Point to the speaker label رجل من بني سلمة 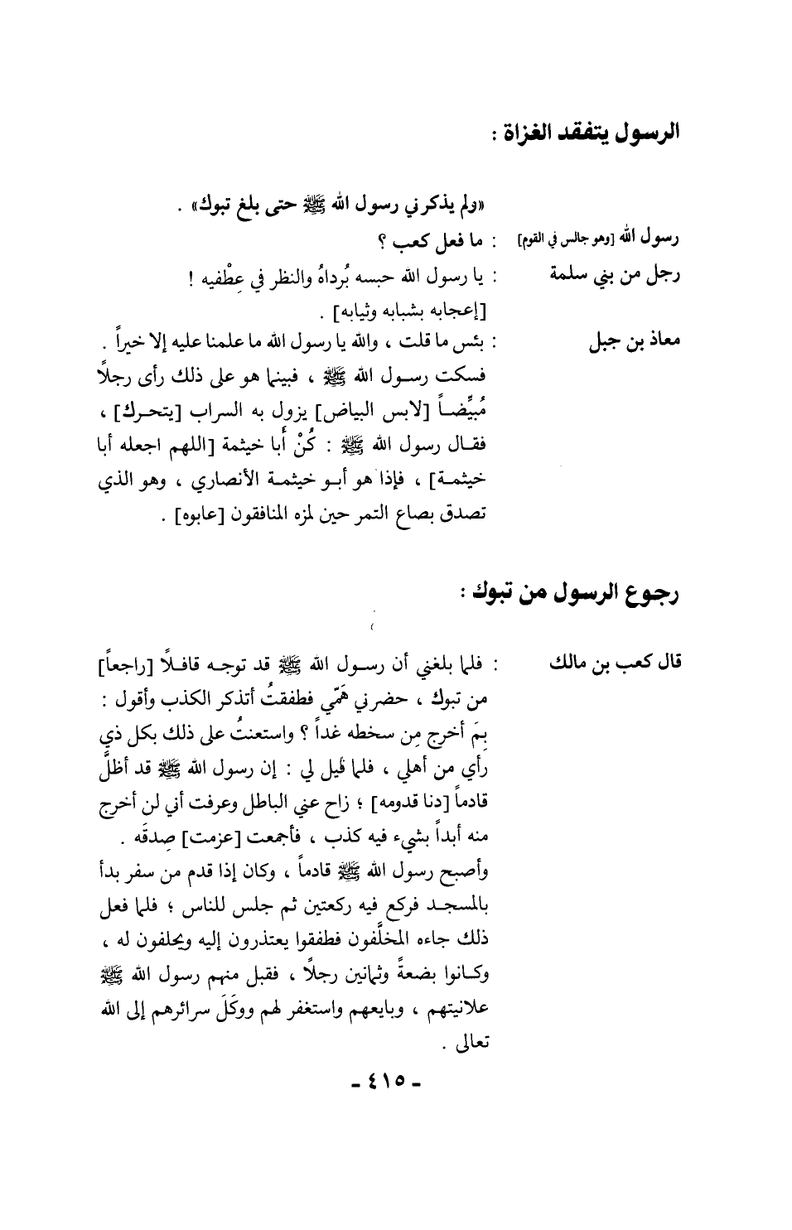tap(616, 276)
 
